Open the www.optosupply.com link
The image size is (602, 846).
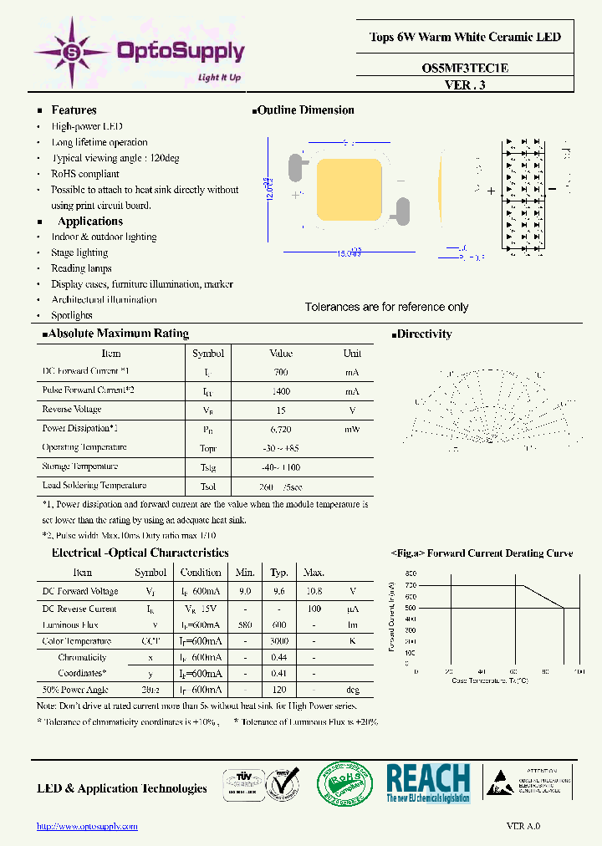point(88,826)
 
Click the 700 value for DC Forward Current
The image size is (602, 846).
point(281,372)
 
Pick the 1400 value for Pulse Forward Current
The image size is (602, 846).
point(281,391)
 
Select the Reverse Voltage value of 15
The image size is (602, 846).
point(281,410)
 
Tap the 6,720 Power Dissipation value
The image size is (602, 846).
point(281,429)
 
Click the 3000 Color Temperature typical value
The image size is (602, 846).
point(279,641)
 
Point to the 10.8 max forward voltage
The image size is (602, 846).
point(314,591)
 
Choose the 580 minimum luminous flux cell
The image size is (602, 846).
point(245,624)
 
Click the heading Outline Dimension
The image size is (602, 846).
point(305,110)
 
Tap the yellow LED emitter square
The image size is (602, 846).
point(352,191)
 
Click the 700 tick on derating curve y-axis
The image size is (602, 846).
point(411,585)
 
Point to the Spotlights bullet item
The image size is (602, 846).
point(72,315)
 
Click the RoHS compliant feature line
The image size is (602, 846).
point(85,174)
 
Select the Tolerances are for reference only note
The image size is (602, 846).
point(386,307)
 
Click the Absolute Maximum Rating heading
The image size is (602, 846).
point(118,334)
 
